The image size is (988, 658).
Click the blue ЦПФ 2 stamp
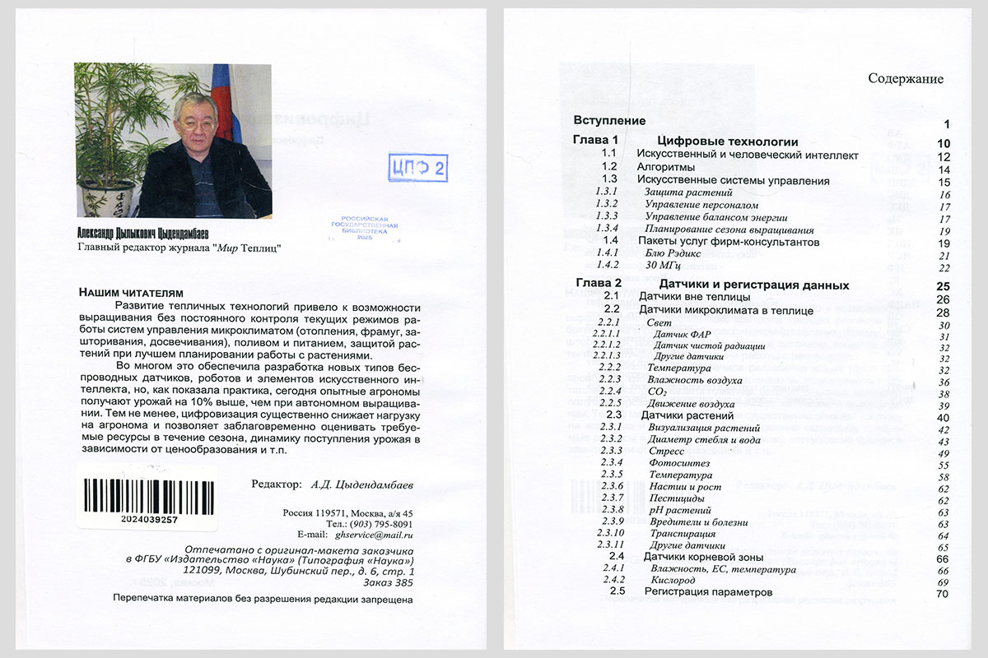click(417, 168)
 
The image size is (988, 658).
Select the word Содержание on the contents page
click(906, 79)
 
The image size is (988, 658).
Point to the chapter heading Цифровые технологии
click(729, 141)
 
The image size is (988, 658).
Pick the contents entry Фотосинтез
click(679, 464)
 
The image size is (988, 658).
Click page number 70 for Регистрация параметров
click(943, 593)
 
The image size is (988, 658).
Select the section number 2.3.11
click(613, 545)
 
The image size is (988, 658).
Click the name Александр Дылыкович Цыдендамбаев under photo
click(154, 234)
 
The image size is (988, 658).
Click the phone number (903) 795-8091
click(381, 524)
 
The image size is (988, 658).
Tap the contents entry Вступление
click(609, 120)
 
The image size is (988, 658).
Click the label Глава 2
click(595, 285)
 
